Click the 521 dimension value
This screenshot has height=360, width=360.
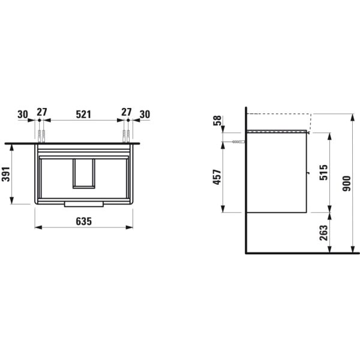click(83, 113)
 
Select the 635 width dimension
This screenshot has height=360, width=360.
click(83, 221)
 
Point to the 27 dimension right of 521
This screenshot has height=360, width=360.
click(126, 113)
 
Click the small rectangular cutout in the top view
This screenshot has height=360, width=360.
click(83, 173)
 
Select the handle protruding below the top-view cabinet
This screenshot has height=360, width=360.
click(83, 205)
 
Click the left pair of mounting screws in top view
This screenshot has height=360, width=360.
click(41, 134)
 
